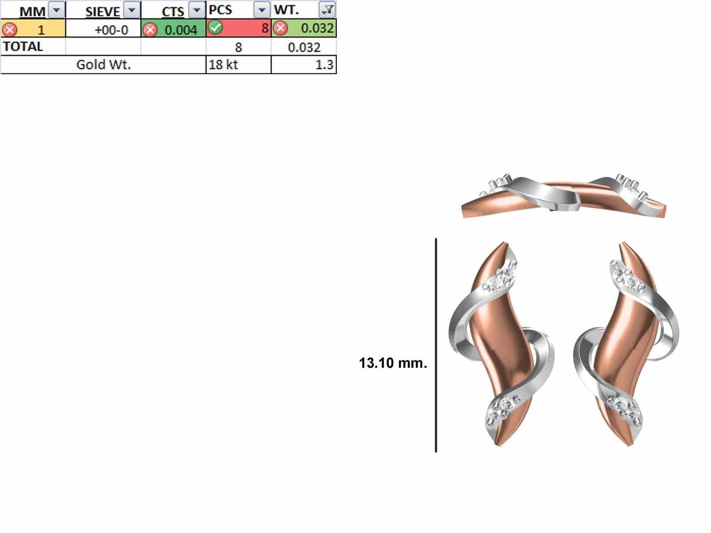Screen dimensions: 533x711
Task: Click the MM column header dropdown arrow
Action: click(57, 9)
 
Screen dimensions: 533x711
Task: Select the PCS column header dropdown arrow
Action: click(262, 9)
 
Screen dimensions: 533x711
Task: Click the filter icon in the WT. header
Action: click(328, 9)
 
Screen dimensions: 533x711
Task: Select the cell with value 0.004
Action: click(180, 30)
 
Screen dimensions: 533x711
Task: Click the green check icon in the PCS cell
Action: click(216, 28)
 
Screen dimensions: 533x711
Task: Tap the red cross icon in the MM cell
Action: click(9, 30)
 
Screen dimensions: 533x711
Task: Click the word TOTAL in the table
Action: click(23, 47)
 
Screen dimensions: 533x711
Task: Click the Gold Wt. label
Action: click(103, 64)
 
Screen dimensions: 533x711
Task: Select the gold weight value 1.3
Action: click(324, 65)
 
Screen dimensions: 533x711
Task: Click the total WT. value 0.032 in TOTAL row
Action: click(304, 47)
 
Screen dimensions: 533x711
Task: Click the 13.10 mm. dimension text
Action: click(392, 363)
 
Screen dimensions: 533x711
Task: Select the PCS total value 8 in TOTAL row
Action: click(238, 47)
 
